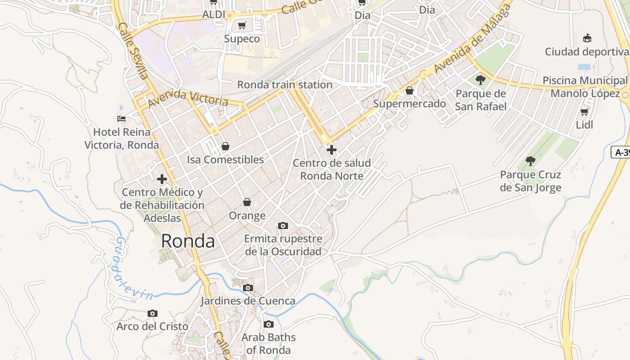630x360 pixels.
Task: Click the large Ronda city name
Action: click(188, 241)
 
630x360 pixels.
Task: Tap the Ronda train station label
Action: click(284, 85)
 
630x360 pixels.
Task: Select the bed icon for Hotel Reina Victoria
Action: click(121, 119)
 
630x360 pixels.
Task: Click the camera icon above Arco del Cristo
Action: click(153, 313)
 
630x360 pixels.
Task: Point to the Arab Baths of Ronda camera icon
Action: click(268, 324)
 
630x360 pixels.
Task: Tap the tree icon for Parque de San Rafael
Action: click(481, 81)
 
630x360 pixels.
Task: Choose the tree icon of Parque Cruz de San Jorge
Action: click(531, 161)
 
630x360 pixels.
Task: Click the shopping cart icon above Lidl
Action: click(584, 111)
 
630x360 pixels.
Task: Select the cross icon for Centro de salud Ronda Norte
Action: click(332, 149)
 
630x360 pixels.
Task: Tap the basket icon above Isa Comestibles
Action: click(225, 146)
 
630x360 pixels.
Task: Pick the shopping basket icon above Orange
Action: click(247, 202)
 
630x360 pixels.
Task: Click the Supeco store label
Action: click(242, 39)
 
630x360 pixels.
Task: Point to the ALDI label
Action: click(213, 14)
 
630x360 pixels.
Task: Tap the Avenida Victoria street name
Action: click(188, 98)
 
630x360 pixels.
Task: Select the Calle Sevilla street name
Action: click(133, 50)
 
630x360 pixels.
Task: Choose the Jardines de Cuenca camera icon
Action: click(247, 288)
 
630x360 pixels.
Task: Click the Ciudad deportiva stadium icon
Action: click(587, 38)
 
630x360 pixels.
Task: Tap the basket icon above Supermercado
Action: click(409, 91)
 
